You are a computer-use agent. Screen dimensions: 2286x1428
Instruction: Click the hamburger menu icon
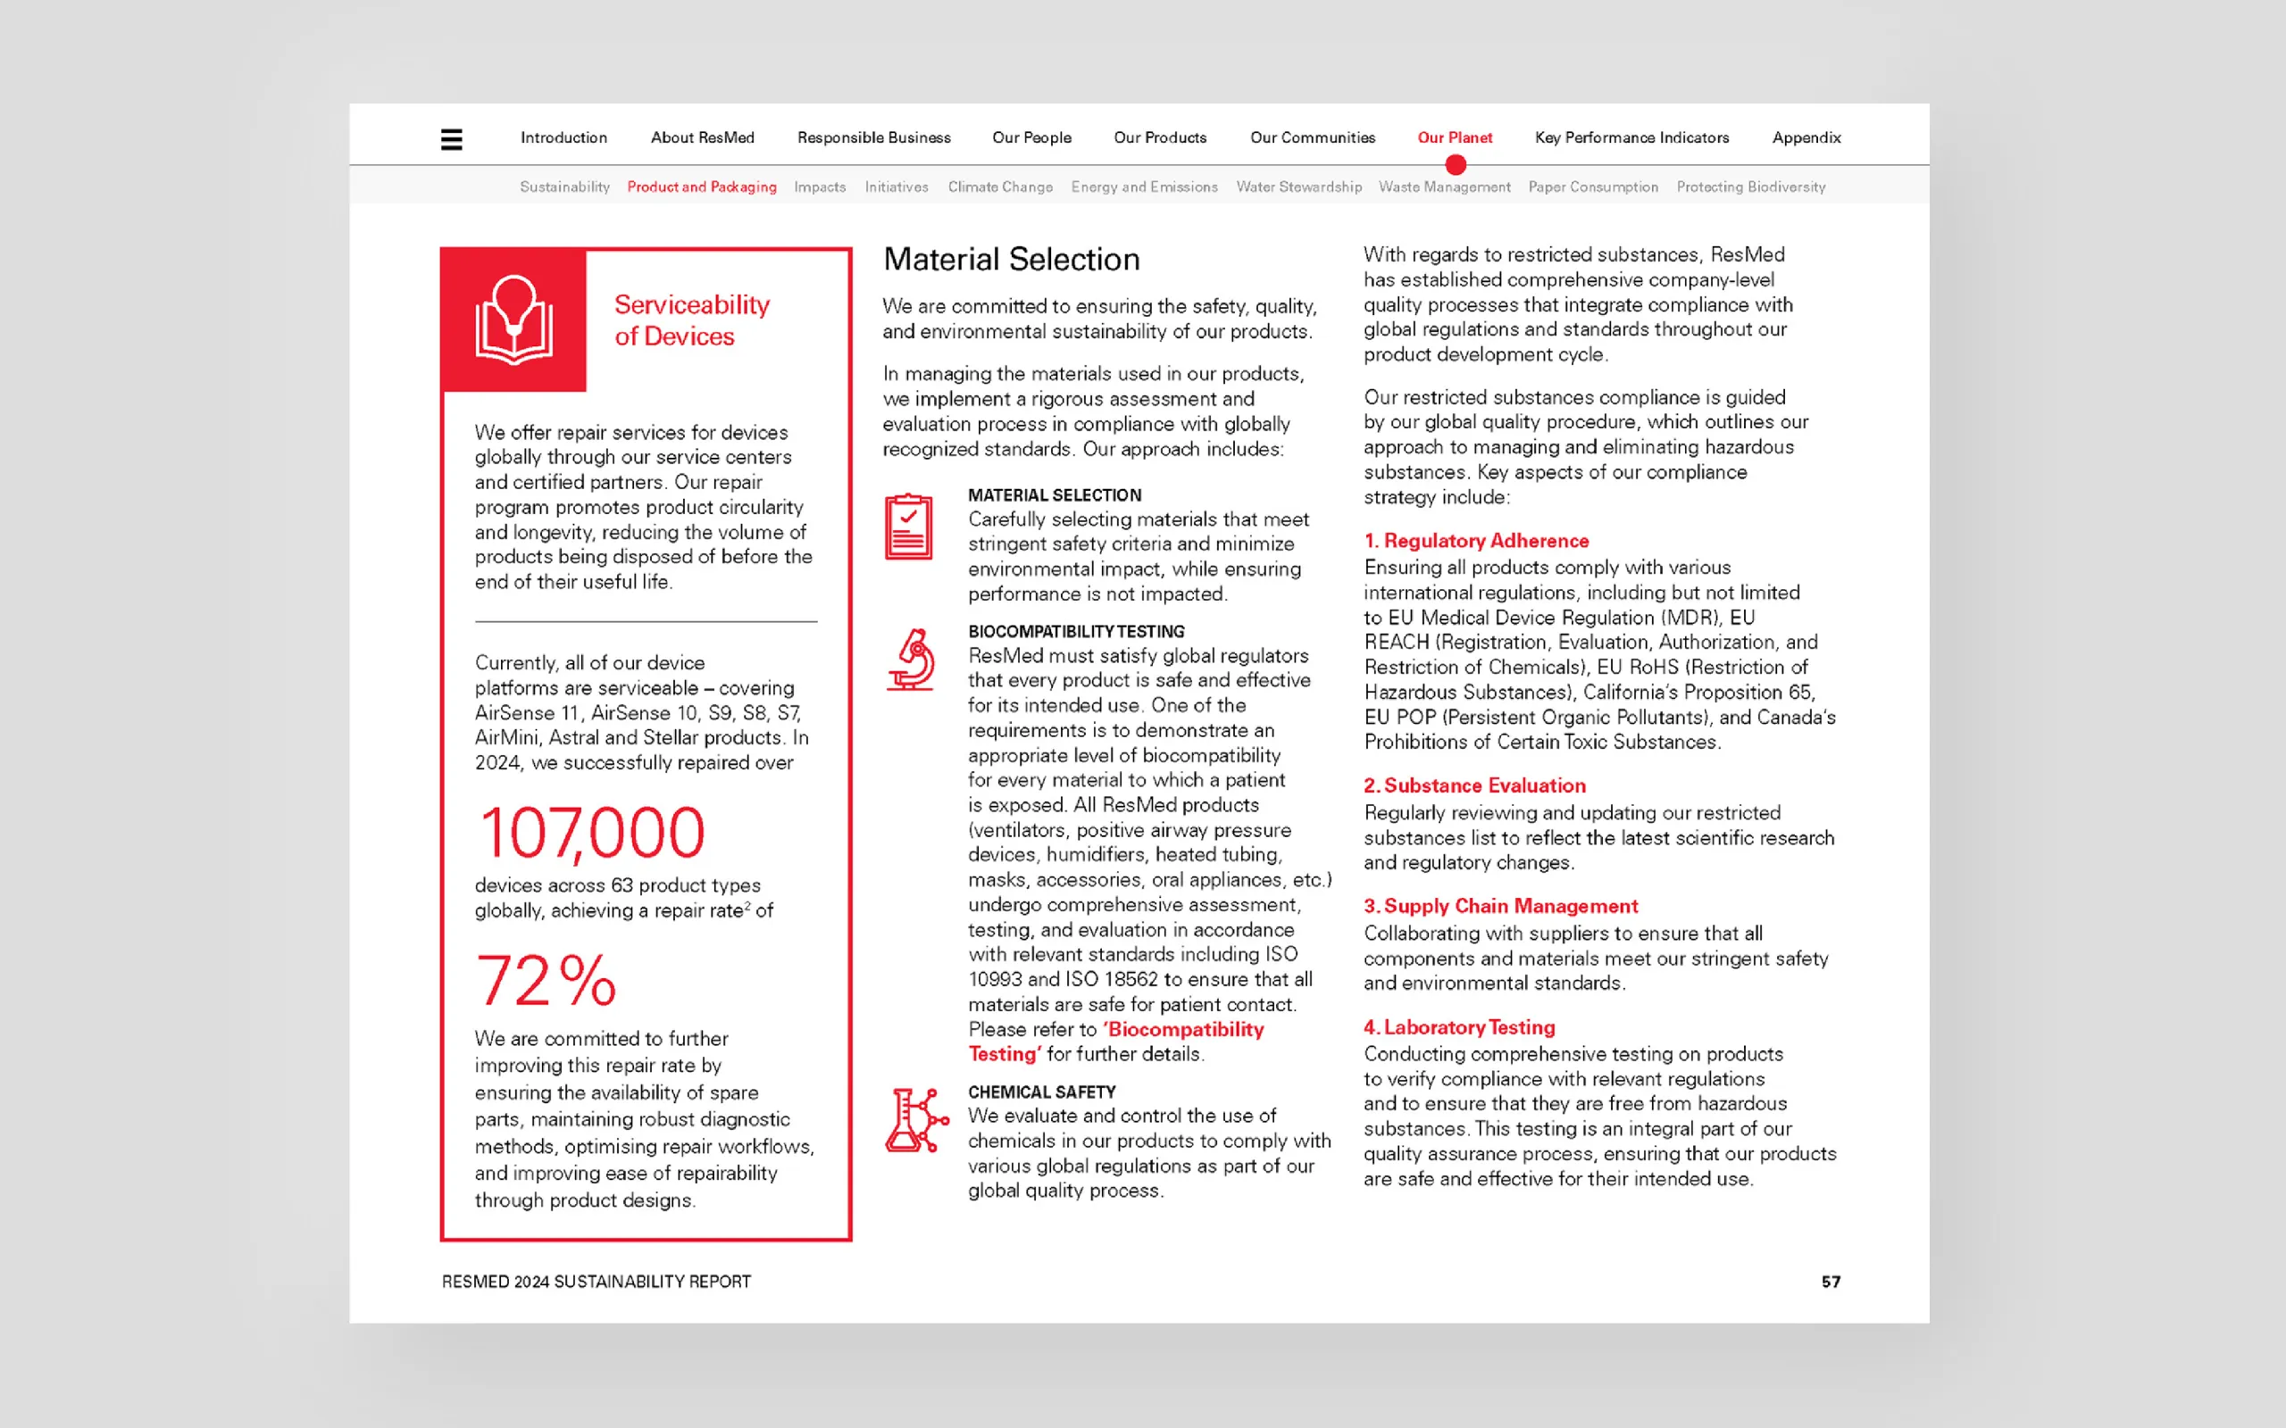tap(452, 140)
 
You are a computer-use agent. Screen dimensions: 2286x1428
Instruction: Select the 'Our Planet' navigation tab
tap(1455, 137)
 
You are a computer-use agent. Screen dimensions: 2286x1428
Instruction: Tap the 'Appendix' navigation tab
tap(1806, 137)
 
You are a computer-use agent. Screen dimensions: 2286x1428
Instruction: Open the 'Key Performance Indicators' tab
tap(1631, 137)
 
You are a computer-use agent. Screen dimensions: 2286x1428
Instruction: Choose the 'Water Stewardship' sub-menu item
tap(1299, 187)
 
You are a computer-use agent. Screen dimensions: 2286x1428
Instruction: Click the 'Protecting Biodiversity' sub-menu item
tap(1750, 187)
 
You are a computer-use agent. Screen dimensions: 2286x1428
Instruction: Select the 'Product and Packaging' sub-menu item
tap(702, 187)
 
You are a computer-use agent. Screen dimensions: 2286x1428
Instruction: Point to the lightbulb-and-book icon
tap(513, 320)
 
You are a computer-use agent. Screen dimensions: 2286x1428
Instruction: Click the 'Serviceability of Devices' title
tap(691, 320)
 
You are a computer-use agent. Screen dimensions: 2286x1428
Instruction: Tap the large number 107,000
tap(592, 832)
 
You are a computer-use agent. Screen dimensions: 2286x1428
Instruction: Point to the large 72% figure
tap(546, 979)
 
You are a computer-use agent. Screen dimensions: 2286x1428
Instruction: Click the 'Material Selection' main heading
tap(1011, 259)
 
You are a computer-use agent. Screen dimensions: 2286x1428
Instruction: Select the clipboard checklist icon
tap(909, 526)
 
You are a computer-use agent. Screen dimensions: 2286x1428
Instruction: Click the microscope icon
tap(912, 660)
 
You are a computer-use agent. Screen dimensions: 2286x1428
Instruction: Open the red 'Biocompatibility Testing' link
tap(1116, 1042)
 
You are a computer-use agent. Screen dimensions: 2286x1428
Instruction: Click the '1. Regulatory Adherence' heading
tap(1475, 541)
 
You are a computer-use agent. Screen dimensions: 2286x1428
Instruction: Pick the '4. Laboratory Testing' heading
tap(1458, 1027)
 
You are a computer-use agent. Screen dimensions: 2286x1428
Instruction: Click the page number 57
tap(1831, 1282)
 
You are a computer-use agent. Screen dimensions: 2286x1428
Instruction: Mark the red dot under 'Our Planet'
tap(1456, 165)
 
